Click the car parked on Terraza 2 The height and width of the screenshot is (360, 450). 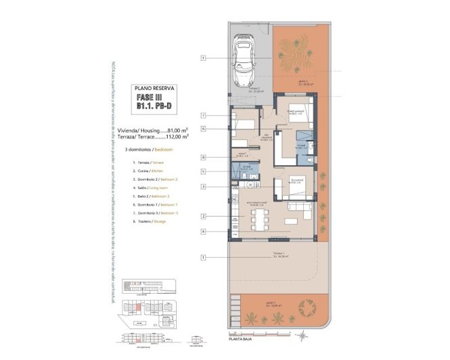pyautogui.click(x=244, y=62)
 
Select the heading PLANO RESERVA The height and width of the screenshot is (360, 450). pyautogui.click(x=155, y=88)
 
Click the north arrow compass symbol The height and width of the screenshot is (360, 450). pyautogui.click(x=304, y=336)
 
